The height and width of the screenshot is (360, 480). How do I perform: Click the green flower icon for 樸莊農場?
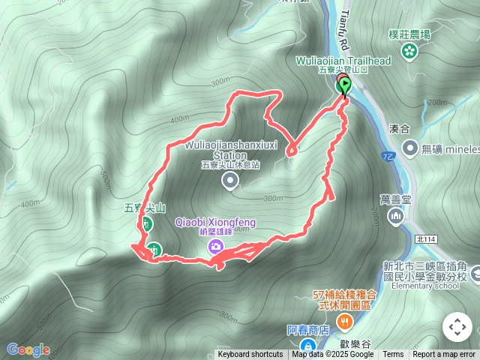[x=409, y=51]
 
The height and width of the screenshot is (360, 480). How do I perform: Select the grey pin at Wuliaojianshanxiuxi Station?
[x=229, y=181]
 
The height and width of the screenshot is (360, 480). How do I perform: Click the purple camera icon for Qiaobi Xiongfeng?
[x=216, y=246]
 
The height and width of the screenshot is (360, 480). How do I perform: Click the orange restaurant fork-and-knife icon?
[x=345, y=322]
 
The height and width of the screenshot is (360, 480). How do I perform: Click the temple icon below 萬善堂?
[x=395, y=217]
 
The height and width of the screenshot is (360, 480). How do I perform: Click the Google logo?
[x=28, y=349]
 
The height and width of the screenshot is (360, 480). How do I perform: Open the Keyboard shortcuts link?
[x=250, y=355]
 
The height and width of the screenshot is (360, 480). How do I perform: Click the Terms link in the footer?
[x=393, y=355]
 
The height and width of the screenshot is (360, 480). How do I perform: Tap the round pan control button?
[x=457, y=327]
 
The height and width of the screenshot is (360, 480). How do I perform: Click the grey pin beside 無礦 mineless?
[x=409, y=148]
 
